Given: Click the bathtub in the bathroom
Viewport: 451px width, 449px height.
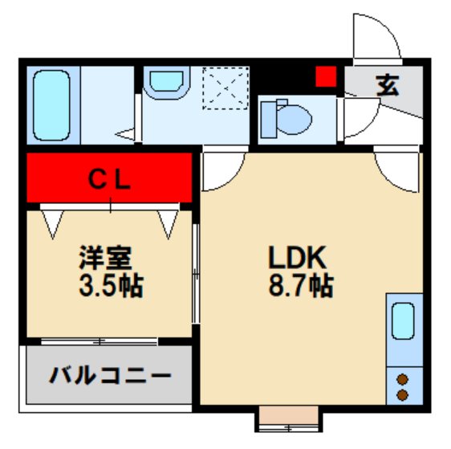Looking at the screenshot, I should click(53, 104).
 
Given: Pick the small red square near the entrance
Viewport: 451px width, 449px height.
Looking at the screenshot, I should click(324, 77).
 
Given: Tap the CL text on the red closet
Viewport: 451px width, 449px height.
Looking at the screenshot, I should click(109, 180).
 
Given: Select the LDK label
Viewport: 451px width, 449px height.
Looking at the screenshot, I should click(295, 259).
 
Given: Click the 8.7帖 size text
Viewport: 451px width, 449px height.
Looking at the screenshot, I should click(296, 285).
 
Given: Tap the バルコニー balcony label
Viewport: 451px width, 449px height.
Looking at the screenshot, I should click(109, 376).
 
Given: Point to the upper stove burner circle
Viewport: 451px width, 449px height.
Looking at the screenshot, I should click(402, 380).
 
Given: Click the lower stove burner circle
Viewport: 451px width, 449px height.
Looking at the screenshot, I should click(402, 394).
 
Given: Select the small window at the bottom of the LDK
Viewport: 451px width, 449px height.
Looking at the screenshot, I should click(288, 418).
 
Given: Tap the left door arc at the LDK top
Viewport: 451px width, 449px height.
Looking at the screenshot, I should click(217, 169).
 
